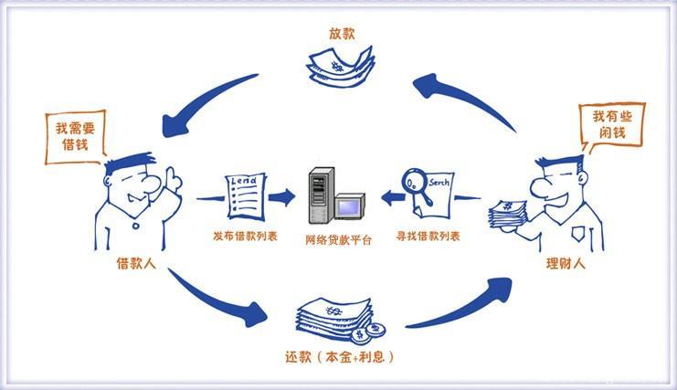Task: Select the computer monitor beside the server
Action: click(x=349, y=207)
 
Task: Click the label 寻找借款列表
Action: click(x=428, y=237)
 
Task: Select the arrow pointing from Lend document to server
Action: click(x=282, y=195)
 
